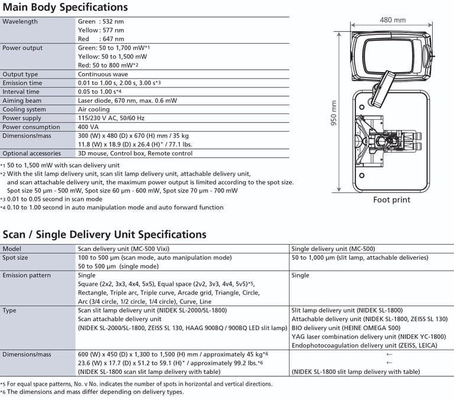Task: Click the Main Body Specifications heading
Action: coord(65,8)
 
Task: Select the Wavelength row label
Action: coord(20,22)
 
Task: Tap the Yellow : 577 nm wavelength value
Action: coord(101,30)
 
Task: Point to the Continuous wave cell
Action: coord(104,74)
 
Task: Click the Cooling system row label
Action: coord(24,109)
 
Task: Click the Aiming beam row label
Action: coord(21,101)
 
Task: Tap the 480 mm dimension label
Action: coord(393,19)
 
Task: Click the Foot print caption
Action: coord(391,200)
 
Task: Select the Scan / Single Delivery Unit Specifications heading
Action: coord(105,234)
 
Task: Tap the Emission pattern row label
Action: coord(27,275)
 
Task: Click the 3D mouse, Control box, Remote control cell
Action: coord(135,154)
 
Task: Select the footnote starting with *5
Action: coord(137,384)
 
